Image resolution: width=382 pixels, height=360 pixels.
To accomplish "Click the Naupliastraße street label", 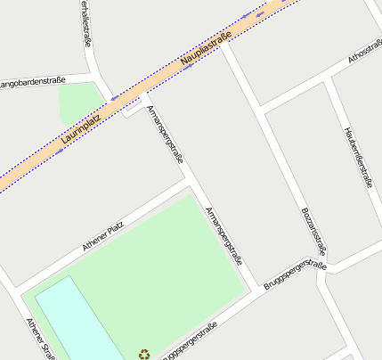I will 205,49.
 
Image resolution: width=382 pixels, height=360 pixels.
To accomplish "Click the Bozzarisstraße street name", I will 313,230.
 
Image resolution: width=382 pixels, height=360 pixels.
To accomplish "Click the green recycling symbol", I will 144,354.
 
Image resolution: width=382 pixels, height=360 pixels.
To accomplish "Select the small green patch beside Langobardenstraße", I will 76,103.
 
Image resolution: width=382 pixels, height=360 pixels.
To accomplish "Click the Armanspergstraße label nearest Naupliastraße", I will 165,135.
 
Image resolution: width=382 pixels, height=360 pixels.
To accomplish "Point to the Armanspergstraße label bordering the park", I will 224,237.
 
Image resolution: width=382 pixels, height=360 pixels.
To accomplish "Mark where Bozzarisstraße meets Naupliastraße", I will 224,45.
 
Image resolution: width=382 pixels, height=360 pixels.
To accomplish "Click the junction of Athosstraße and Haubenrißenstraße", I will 330,79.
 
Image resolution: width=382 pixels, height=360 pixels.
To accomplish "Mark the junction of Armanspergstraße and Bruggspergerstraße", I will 258,289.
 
